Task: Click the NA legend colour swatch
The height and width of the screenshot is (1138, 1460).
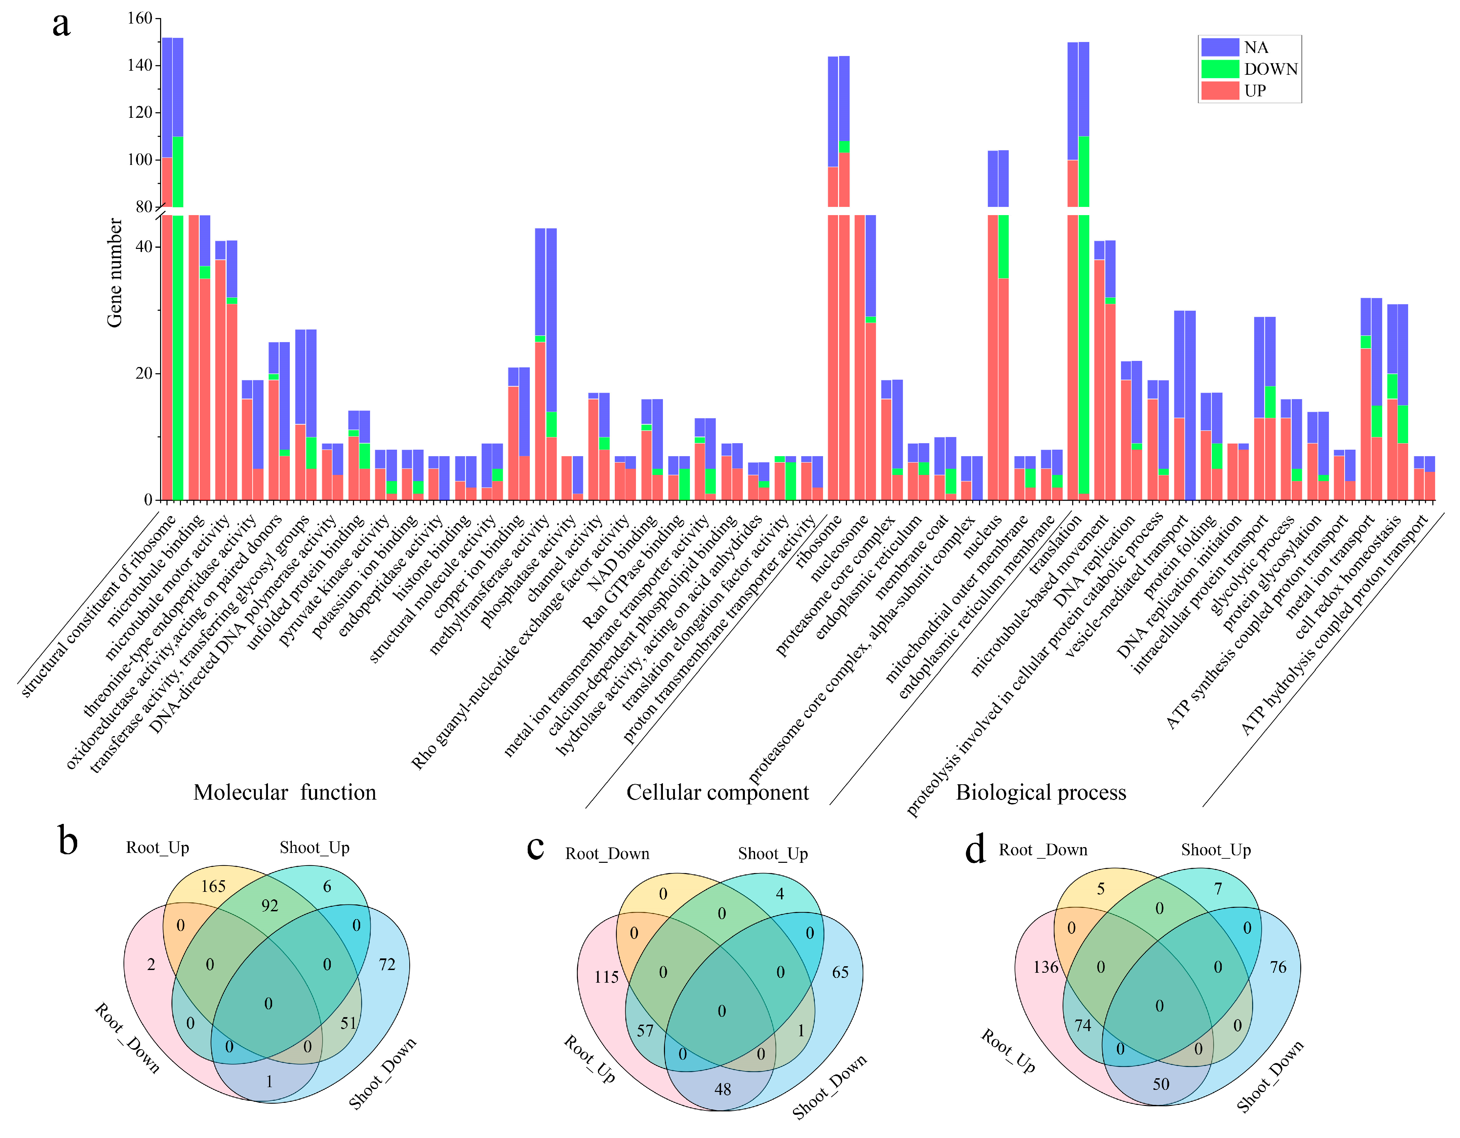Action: pyautogui.click(x=1220, y=47)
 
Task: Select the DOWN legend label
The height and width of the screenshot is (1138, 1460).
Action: pyautogui.click(x=1270, y=69)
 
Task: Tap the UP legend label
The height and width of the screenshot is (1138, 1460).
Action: pyautogui.click(x=1255, y=90)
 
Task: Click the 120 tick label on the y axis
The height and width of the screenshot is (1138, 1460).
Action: pyautogui.click(x=140, y=112)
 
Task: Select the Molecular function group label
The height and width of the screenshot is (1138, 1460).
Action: pyautogui.click(x=285, y=792)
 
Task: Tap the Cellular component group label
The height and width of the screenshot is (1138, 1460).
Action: pyautogui.click(x=717, y=792)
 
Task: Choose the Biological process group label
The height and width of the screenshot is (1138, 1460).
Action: pyautogui.click(x=1041, y=792)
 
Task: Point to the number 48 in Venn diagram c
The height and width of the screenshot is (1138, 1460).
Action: pyautogui.click(x=723, y=1089)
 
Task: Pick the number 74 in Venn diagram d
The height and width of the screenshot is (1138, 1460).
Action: pyautogui.click(x=1083, y=1025)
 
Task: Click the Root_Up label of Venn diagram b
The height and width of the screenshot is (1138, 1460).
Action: pyautogui.click(x=158, y=848)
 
